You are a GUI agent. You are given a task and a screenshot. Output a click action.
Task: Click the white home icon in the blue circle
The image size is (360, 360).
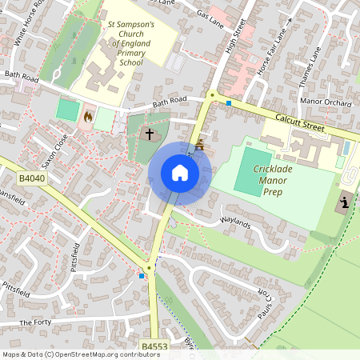(x=179, y=172)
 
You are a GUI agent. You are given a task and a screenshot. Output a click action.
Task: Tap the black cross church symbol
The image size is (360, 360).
(x=149, y=135)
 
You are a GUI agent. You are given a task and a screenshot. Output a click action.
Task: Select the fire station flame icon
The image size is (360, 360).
(x=87, y=117)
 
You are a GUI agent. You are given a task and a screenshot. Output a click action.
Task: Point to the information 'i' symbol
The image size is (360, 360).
(x=345, y=202)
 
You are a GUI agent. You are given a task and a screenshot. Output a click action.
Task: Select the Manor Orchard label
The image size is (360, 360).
(x=325, y=102)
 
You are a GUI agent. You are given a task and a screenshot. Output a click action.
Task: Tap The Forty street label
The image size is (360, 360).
(x=35, y=322)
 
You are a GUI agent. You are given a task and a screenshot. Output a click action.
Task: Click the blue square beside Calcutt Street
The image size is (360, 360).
(x=229, y=102)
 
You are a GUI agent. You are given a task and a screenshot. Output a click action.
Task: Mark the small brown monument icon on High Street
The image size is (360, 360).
(x=201, y=144)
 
